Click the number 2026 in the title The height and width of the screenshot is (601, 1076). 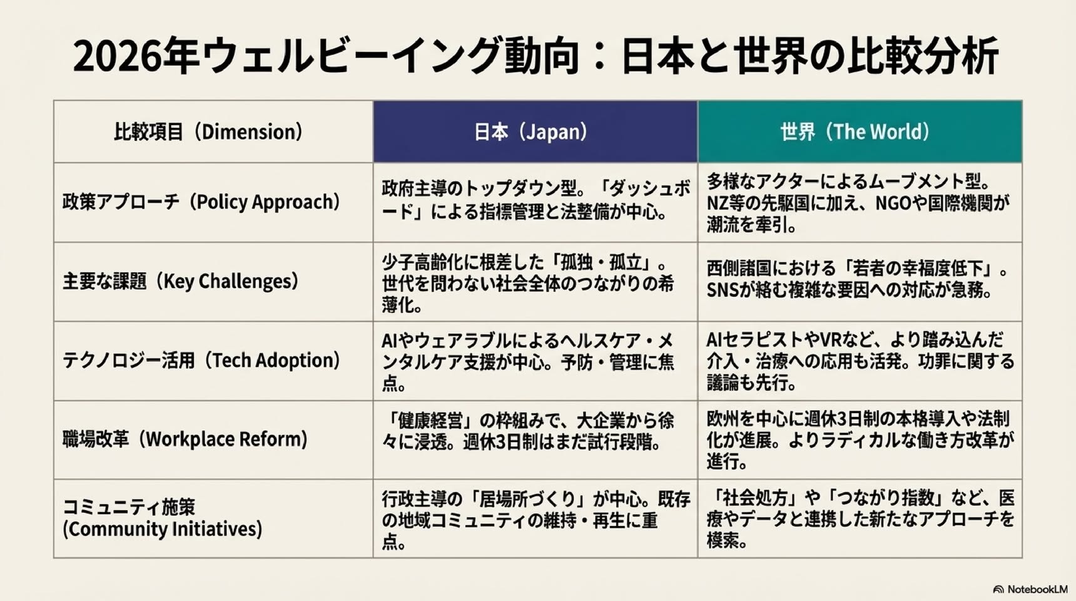click(116, 56)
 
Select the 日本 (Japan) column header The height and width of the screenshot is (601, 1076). click(535, 131)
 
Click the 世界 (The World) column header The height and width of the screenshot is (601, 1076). click(860, 131)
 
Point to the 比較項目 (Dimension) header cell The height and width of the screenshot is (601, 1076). click(213, 131)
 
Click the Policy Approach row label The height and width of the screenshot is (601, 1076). click(201, 202)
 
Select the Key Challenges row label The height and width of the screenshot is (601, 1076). click(181, 281)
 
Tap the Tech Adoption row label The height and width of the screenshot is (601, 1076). click(201, 361)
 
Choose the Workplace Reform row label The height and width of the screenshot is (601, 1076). click(185, 439)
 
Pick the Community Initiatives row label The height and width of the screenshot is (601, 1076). click(162, 518)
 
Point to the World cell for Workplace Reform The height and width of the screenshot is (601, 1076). click(860, 439)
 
